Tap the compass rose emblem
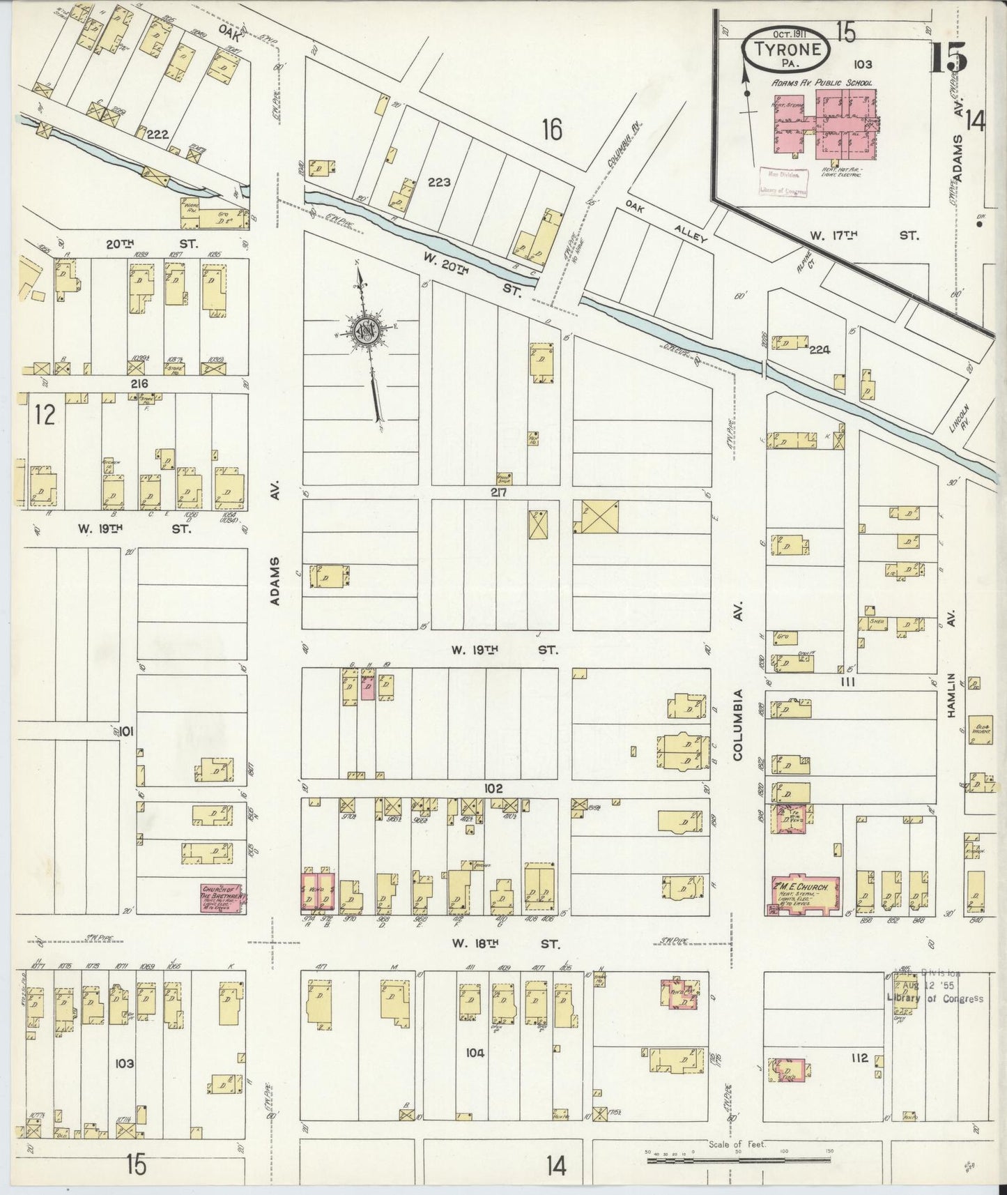pos(367,332)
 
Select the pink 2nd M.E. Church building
pos(805,893)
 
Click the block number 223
pos(439,183)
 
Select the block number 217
pos(497,492)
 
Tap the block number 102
pos(493,789)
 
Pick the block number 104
pos(475,1053)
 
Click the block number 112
pos(859,1058)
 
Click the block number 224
pos(820,350)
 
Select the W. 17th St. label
pos(863,236)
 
